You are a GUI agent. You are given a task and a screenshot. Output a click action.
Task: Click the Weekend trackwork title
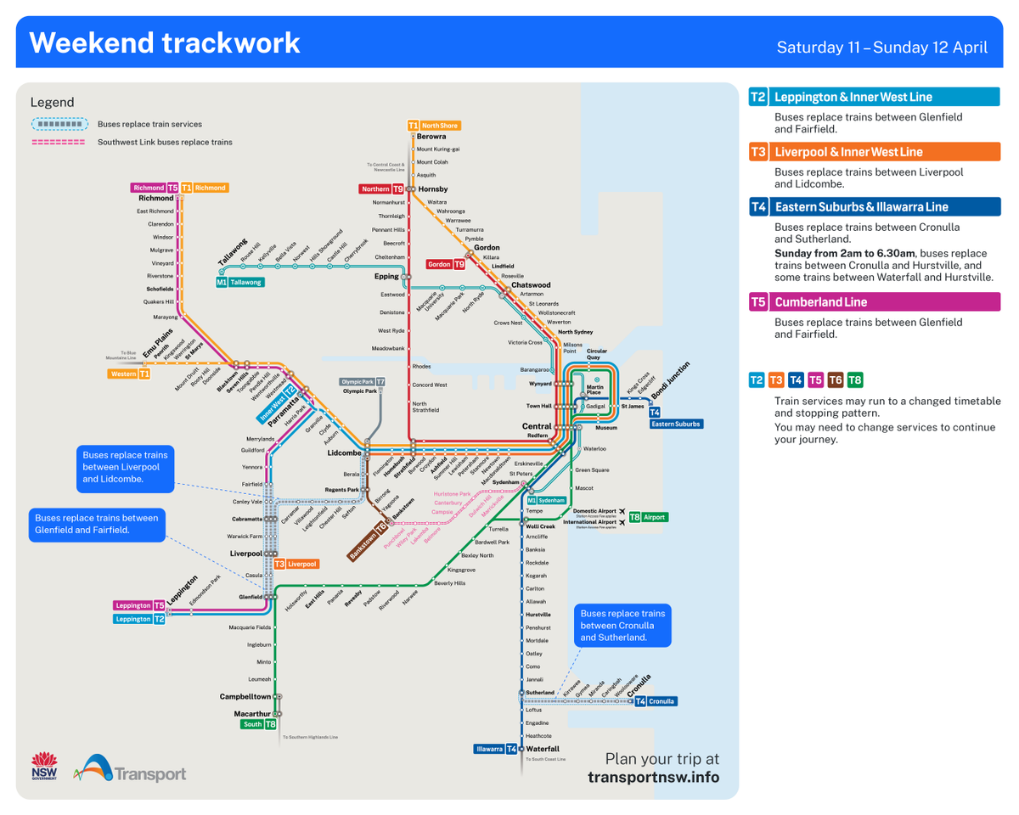pos(165,42)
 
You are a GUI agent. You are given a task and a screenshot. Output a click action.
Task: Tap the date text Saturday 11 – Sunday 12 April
pos(881,47)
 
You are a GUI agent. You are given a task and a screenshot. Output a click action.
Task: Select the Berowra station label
pos(431,137)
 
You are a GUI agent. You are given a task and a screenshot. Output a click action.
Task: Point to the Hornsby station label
pos(432,188)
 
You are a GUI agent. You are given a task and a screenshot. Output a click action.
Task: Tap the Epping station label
pos(386,276)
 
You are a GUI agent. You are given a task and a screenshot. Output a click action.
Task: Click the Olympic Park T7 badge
pos(363,382)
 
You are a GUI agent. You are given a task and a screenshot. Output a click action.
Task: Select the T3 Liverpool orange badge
pos(296,564)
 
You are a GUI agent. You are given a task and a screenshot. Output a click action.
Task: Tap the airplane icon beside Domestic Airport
pos(624,511)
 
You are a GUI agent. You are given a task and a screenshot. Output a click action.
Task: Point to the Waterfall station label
pos(543,749)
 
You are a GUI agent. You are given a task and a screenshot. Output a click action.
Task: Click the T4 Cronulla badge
pos(656,701)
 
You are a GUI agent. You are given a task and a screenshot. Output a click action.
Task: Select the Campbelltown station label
pos(245,696)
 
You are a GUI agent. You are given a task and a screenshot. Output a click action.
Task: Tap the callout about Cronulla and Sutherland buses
pos(622,625)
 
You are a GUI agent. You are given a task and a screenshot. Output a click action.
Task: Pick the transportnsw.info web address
pos(653,778)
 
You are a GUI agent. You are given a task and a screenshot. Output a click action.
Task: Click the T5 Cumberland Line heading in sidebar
pos(875,302)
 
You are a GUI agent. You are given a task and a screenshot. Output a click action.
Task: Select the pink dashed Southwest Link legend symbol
pos(59,142)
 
